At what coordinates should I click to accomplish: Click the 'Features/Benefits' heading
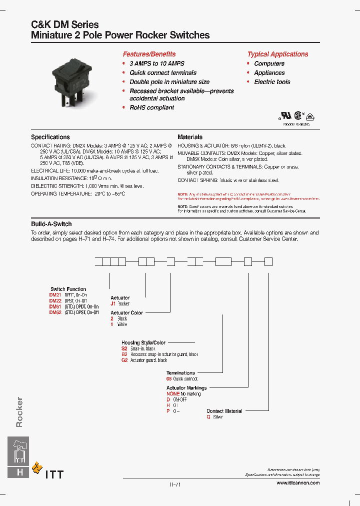click(x=149, y=54)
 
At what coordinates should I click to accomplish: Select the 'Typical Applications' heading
click(x=277, y=54)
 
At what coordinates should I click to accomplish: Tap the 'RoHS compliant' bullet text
click(x=151, y=107)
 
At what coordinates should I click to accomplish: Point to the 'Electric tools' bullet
click(x=272, y=82)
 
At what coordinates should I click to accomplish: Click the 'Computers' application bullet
click(x=269, y=63)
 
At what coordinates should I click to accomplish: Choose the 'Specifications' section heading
click(x=50, y=137)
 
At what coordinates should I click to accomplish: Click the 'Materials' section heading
click(x=190, y=137)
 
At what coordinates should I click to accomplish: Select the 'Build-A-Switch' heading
click(x=51, y=224)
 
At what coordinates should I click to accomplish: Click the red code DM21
click(x=55, y=295)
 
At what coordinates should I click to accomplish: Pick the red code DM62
click(x=55, y=312)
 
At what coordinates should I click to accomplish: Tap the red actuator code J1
click(x=113, y=303)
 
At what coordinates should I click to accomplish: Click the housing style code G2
click(x=124, y=360)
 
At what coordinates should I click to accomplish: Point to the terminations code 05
click(x=169, y=379)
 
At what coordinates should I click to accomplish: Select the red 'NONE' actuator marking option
click(x=173, y=394)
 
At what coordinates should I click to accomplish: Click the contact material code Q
click(x=208, y=417)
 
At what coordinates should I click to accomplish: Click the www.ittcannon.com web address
click(x=297, y=483)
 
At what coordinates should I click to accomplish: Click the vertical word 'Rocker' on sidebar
click(x=19, y=412)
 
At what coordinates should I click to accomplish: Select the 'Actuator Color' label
click(x=126, y=312)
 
